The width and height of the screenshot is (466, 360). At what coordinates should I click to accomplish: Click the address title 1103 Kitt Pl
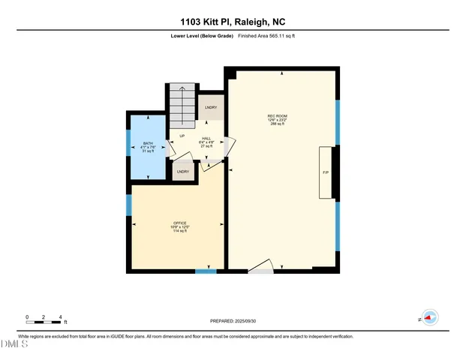point(233,22)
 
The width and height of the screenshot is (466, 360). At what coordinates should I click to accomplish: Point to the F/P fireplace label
point(326,173)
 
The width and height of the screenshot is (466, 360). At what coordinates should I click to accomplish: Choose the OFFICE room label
point(179,223)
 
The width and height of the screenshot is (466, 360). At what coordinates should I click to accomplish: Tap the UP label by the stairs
point(182,136)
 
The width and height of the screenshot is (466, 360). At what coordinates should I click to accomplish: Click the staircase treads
point(181,105)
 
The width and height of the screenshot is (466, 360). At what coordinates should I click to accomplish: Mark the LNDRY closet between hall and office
point(182,172)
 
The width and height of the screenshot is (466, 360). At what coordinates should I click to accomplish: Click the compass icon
point(429,318)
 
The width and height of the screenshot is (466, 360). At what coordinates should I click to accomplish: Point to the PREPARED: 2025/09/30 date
point(233,321)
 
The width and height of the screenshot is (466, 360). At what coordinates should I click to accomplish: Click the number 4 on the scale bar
point(60,316)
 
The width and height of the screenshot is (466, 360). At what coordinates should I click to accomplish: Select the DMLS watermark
point(13,344)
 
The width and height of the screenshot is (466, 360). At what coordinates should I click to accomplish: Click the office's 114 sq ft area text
point(179,231)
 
